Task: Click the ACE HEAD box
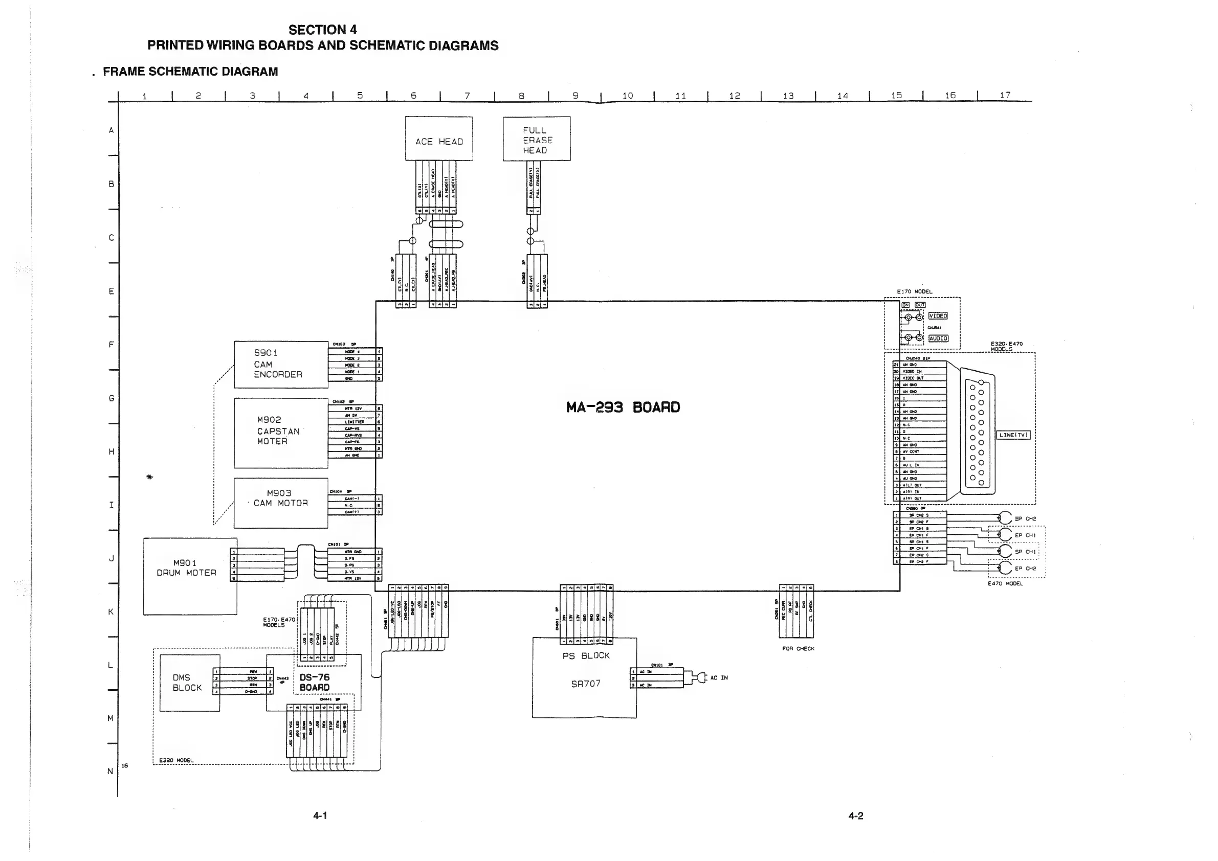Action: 439,139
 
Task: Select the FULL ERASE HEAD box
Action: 536,139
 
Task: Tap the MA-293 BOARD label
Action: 623,407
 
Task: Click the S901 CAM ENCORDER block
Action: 281,364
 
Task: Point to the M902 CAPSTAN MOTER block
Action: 281,432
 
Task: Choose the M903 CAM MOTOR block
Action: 281,502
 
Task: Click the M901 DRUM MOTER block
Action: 189,576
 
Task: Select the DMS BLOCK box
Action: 189,683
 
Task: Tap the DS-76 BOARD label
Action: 315,683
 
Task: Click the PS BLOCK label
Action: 586,656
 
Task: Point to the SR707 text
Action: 586,684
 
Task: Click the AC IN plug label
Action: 719,677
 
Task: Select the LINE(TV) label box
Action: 1013,435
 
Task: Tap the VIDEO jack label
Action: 937,316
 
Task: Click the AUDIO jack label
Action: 938,338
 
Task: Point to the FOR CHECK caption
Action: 798,648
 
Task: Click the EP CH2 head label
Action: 1025,569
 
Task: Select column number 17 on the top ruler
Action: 1005,96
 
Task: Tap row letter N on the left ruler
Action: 110,772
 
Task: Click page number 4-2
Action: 855,816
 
